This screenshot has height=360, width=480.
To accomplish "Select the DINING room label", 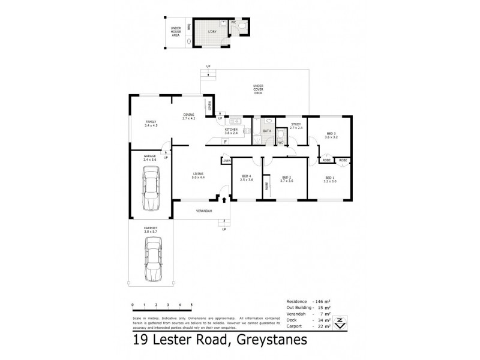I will [190, 117].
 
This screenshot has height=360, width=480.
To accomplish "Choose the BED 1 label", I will [329, 179].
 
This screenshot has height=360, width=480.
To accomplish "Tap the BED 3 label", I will [332, 135].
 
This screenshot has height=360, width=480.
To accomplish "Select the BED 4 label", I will [247, 179].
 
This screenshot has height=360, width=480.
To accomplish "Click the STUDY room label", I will [296, 126].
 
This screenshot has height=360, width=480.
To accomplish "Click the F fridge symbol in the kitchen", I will [224, 142].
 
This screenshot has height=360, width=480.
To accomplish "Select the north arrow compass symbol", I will [340, 323].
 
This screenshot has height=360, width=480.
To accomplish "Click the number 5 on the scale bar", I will [191, 305].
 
